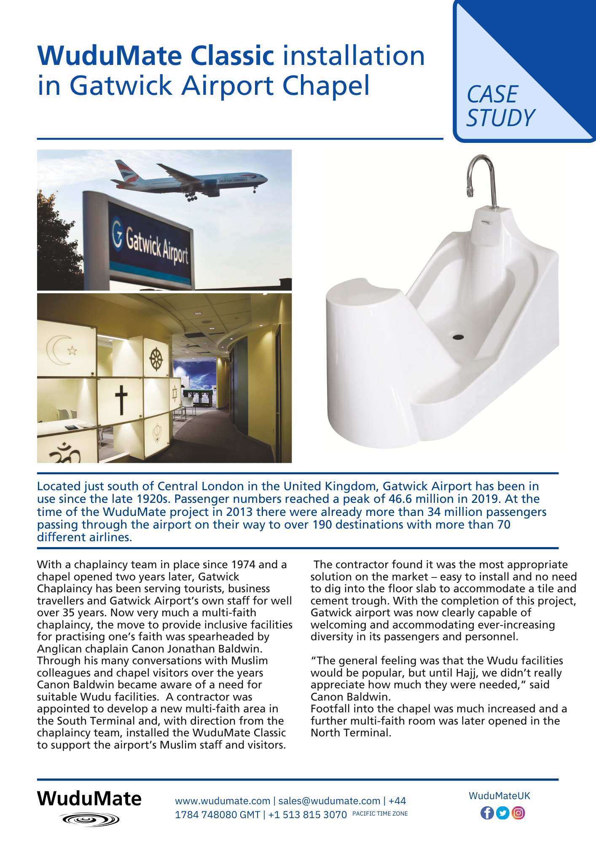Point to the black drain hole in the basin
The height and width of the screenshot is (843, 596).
(x=458, y=337)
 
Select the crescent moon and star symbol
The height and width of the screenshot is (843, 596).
(x=61, y=349)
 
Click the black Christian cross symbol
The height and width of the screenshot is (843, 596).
(x=121, y=400)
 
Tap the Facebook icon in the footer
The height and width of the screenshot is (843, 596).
(x=487, y=813)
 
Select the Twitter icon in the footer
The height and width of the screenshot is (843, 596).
(x=502, y=813)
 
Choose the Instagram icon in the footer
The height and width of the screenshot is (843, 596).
(x=518, y=813)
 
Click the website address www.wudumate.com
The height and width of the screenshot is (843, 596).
(x=223, y=801)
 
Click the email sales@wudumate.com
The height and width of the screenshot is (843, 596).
(x=329, y=801)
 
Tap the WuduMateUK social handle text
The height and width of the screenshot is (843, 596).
(x=499, y=796)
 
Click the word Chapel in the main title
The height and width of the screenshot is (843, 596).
(x=326, y=86)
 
